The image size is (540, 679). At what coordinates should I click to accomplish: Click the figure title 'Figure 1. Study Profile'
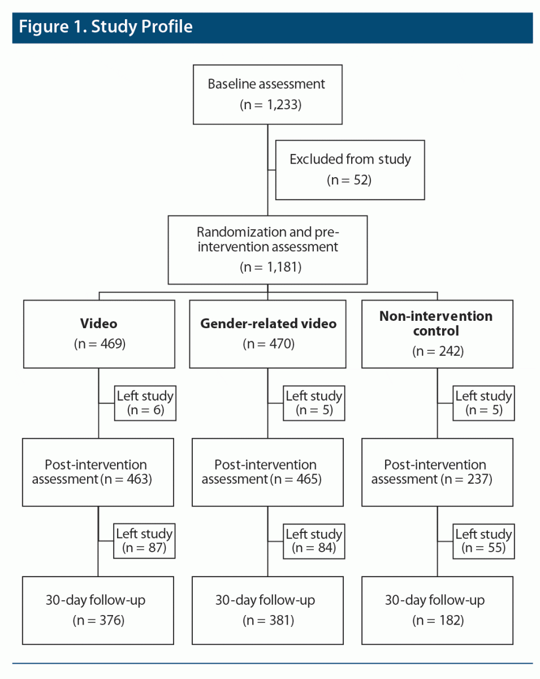106,27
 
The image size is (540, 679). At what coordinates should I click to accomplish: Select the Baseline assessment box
267,94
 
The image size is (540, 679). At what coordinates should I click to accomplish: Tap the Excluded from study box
350,170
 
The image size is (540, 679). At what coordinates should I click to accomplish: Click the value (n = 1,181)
267,267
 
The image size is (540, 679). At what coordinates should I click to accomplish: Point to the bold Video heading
99,324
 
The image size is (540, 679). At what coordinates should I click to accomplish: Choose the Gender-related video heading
268,324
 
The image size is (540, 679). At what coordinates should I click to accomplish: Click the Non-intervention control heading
436,323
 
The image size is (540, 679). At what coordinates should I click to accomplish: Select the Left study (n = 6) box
144,403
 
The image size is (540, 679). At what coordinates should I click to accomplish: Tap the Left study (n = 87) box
144,541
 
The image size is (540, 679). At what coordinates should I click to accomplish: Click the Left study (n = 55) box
483,541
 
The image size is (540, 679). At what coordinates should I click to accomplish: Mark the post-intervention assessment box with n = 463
98,472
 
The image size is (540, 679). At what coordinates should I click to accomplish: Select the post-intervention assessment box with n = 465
267,472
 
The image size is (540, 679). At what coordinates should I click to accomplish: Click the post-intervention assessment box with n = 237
437,472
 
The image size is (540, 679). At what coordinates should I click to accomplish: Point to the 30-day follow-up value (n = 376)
98,621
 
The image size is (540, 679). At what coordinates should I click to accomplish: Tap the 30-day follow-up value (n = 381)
267,621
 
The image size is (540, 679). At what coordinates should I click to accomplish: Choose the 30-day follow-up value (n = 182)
437,621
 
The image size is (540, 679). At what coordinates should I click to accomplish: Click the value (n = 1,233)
267,105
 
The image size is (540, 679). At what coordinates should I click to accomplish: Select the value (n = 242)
437,351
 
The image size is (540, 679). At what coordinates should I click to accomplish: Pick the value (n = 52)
350,181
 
